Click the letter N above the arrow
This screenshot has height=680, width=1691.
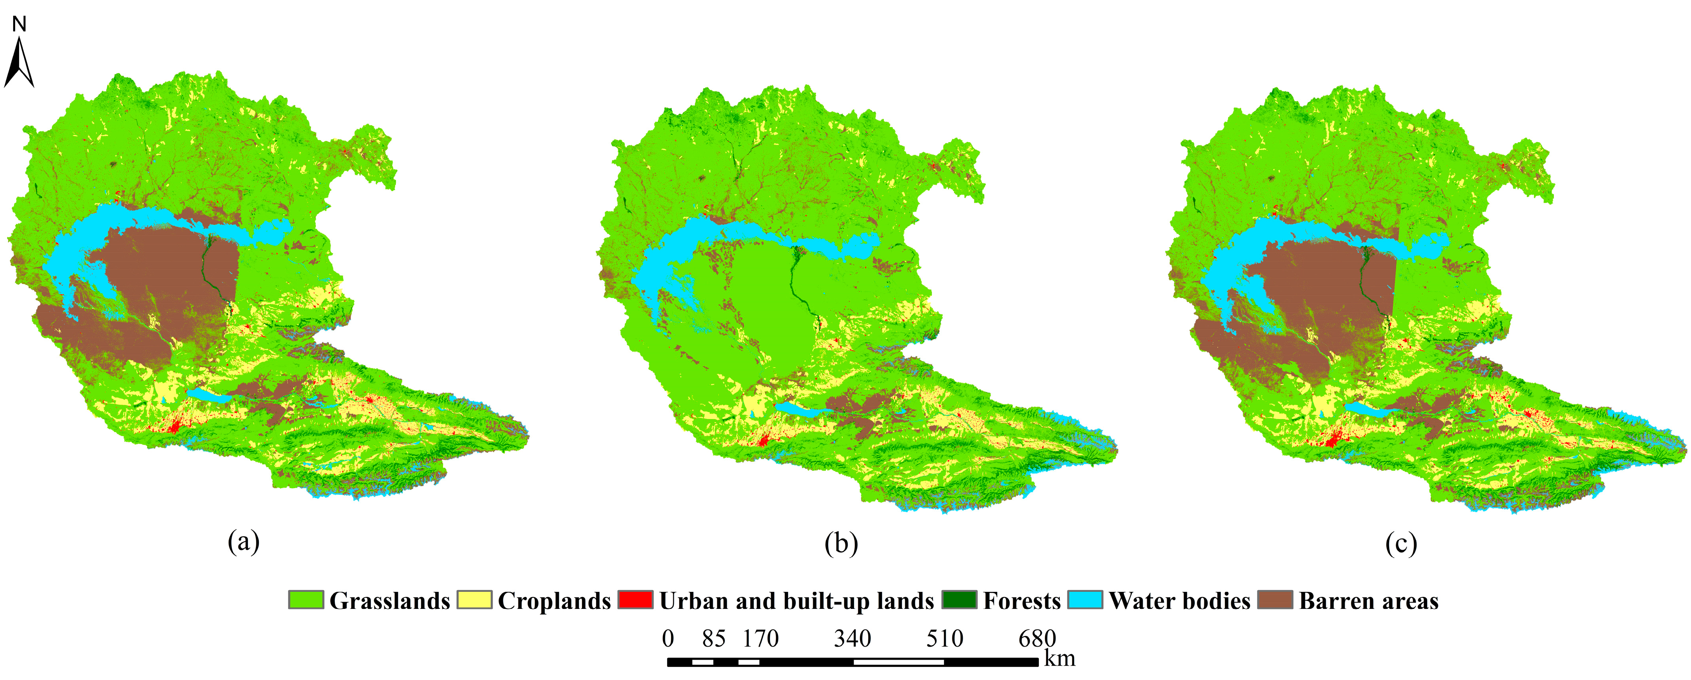pos(19,24)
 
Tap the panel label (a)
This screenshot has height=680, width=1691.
pos(244,543)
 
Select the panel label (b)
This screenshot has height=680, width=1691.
pos(841,544)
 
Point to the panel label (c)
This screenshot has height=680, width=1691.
pos(1401,544)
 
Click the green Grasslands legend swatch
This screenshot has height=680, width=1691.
pos(306,600)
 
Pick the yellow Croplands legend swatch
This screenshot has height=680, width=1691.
pos(474,600)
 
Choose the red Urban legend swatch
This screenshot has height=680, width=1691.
pos(635,600)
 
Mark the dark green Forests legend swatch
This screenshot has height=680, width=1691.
pos(959,600)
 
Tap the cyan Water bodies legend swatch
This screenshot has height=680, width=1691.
pos(1085,600)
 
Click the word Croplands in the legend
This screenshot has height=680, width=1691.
pos(554,601)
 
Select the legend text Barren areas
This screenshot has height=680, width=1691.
pos(1369,601)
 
